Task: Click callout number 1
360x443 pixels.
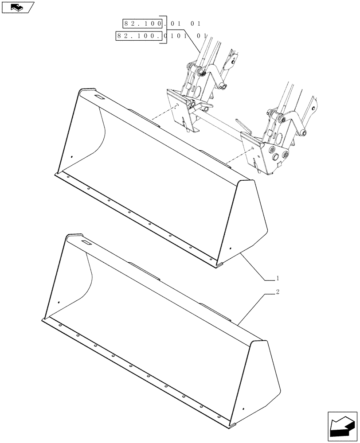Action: [x=278, y=278]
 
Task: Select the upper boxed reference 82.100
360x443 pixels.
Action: [x=142, y=23]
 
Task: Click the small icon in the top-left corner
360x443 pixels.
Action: [x=17, y=7]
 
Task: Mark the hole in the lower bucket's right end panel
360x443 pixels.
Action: [x=243, y=408]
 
